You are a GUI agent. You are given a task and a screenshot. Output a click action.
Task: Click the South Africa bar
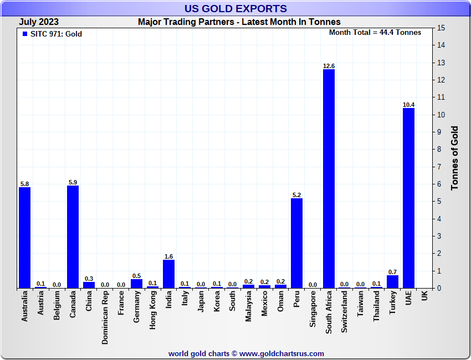point(329,178)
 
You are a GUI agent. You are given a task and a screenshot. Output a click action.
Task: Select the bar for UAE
point(408,198)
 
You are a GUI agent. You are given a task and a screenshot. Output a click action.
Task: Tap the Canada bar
point(73,236)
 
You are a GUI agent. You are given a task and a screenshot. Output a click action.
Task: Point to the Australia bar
point(24,238)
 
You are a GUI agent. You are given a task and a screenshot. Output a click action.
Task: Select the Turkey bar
point(392,281)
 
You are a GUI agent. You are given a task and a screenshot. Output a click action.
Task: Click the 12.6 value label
point(329,66)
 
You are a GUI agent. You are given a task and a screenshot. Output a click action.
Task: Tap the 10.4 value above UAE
point(408,105)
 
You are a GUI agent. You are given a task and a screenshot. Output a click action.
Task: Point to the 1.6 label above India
point(169,256)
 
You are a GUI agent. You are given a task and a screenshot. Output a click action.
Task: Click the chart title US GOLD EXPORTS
point(235,8)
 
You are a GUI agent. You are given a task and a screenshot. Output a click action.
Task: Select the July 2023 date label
point(39,22)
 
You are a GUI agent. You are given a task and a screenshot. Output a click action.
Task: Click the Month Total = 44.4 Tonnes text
point(375,33)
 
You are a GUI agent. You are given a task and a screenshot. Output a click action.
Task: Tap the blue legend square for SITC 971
point(24,34)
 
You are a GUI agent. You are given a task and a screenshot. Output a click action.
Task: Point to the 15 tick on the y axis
point(441,28)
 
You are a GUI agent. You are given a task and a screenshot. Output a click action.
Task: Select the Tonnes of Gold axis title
point(455,158)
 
